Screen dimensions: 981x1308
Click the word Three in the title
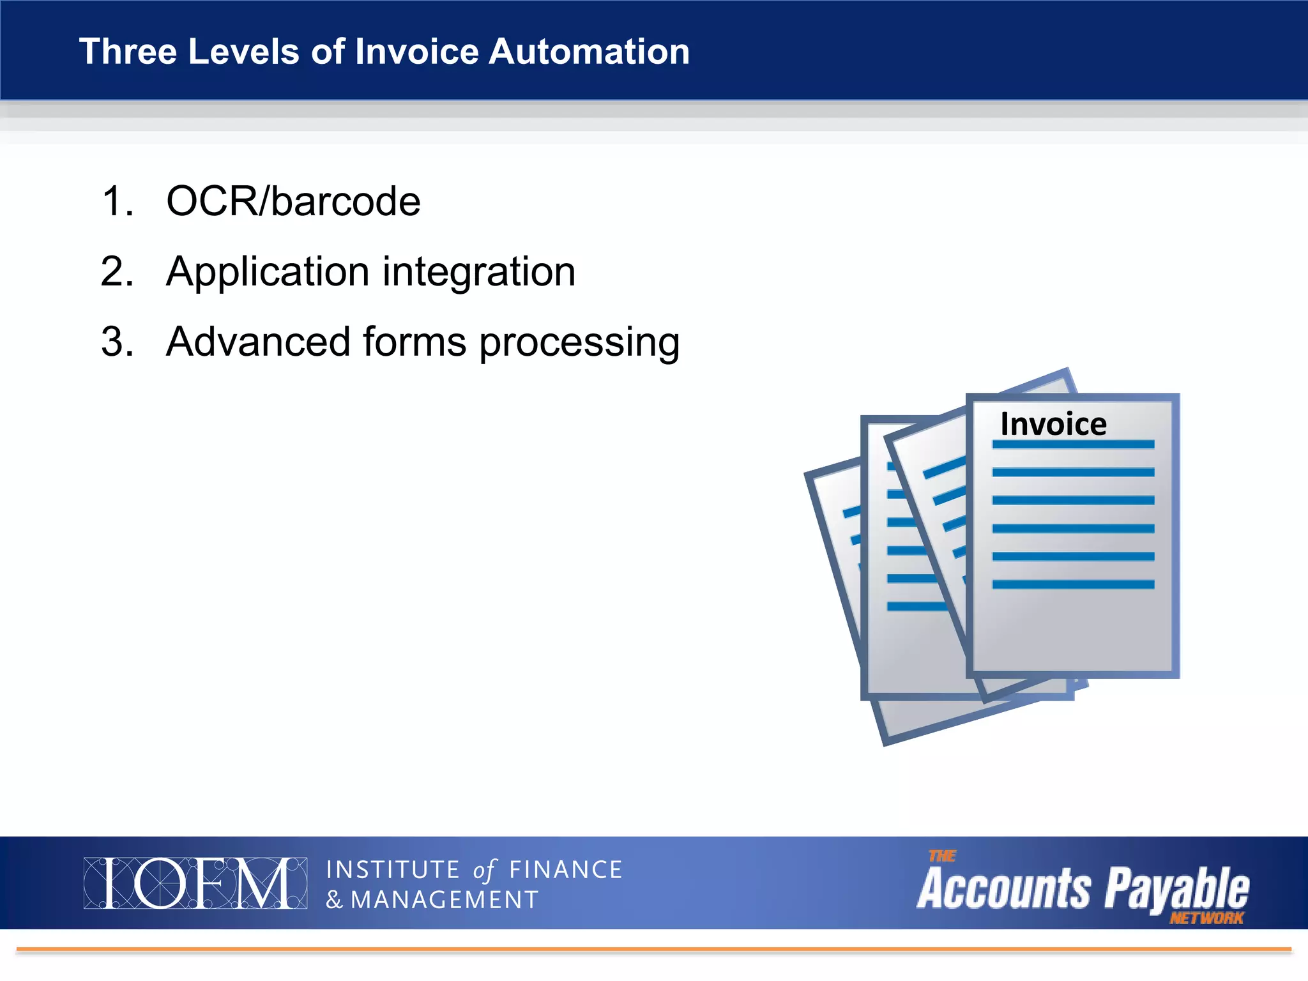tap(127, 52)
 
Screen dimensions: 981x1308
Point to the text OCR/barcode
tap(293, 202)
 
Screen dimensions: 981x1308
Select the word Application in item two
tap(268, 273)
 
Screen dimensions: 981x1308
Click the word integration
tap(478, 273)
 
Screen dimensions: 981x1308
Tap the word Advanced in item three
tap(258, 342)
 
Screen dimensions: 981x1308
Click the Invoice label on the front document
tap(1053, 424)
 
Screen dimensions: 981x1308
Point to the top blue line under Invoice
tap(1073, 445)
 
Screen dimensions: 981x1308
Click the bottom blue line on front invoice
tap(1073, 584)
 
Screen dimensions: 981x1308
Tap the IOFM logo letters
tap(195, 883)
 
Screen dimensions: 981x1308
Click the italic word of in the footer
tap(484, 871)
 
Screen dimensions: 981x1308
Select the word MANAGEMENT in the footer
tap(445, 900)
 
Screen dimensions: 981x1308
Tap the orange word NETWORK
tap(1206, 918)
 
